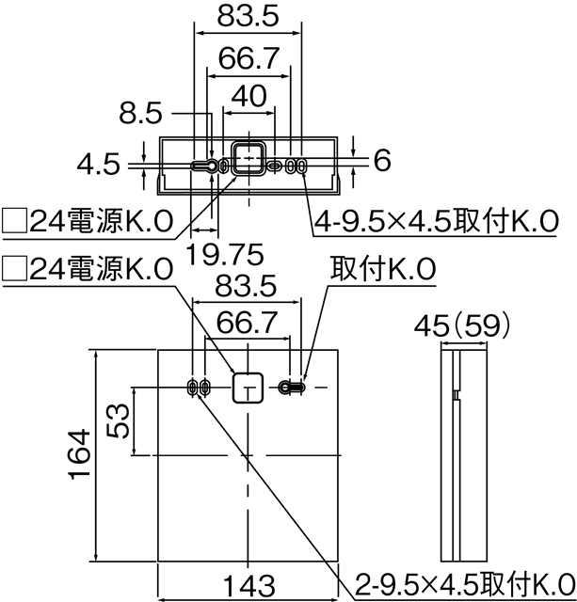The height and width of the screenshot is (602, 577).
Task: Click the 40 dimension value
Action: tap(248, 97)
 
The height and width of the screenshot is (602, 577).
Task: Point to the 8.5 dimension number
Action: tap(141, 114)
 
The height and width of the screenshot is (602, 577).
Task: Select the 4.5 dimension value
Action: tap(99, 166)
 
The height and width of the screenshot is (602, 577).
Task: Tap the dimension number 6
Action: tap(381, 162)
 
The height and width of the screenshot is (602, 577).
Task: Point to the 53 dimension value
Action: tap(116, 420)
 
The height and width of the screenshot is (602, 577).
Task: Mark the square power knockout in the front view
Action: tap(248, 387)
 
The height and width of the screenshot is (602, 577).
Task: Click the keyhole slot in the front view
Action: tap(293, 387)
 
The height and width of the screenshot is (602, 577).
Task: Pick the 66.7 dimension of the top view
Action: tap(248, 58)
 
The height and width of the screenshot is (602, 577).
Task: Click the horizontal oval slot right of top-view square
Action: tap(275, 166)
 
